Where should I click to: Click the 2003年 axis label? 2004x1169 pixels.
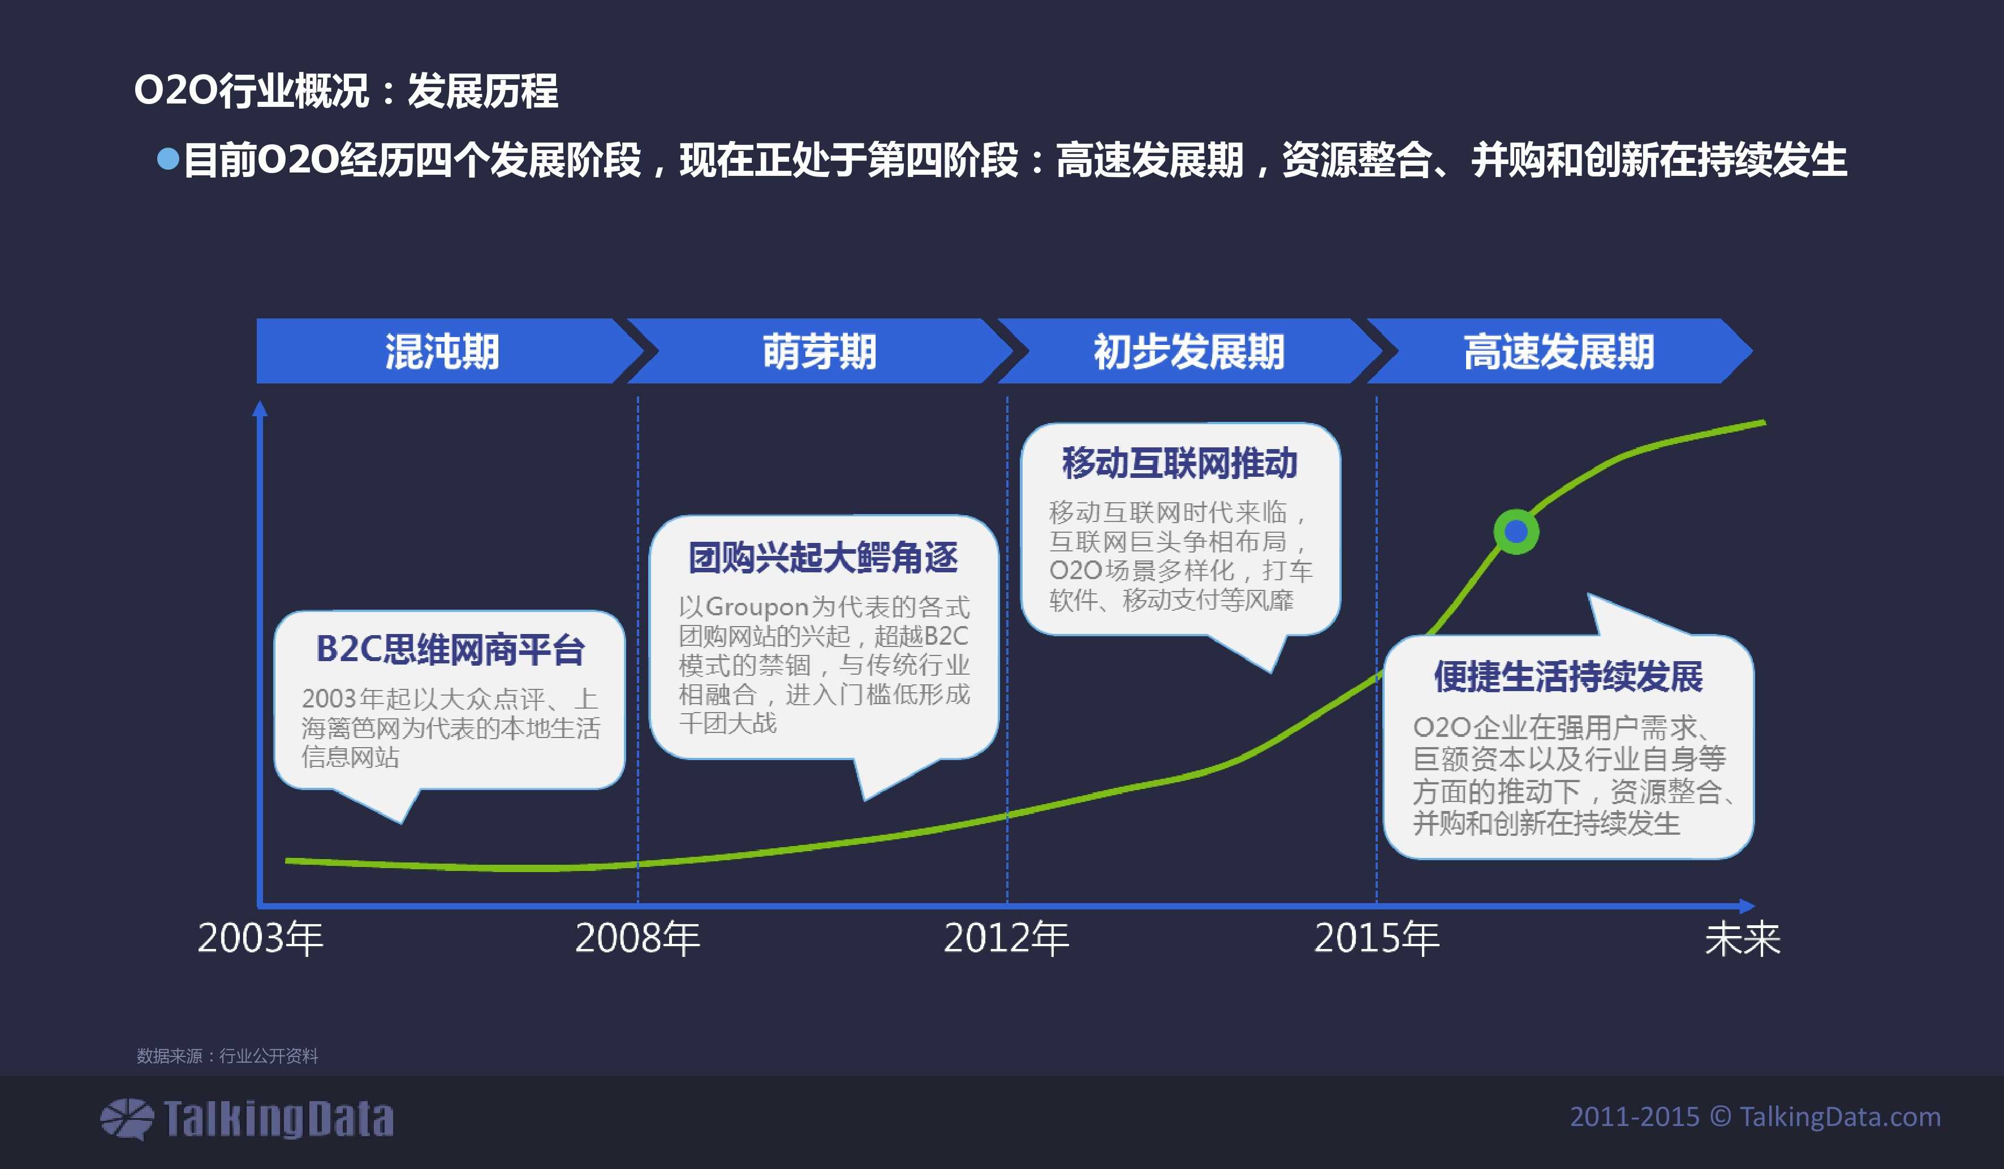[260, 938]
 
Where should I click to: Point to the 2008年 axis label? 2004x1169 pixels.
[637, 938]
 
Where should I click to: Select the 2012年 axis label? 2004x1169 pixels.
[1006, 938]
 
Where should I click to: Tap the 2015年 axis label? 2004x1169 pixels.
[1377, 938]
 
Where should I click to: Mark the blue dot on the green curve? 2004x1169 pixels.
[1516, 531]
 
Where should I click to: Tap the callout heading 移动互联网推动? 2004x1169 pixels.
[1179, 463]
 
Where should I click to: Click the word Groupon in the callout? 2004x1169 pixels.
[756, 607]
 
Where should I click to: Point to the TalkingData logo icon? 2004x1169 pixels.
[127, 1118]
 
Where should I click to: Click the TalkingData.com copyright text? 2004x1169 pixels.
[1755, 1116]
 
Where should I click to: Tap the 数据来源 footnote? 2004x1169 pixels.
[227, 1055]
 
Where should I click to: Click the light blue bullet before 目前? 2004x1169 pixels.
[168, 159]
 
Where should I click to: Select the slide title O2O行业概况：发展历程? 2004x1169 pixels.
[346, 90]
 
